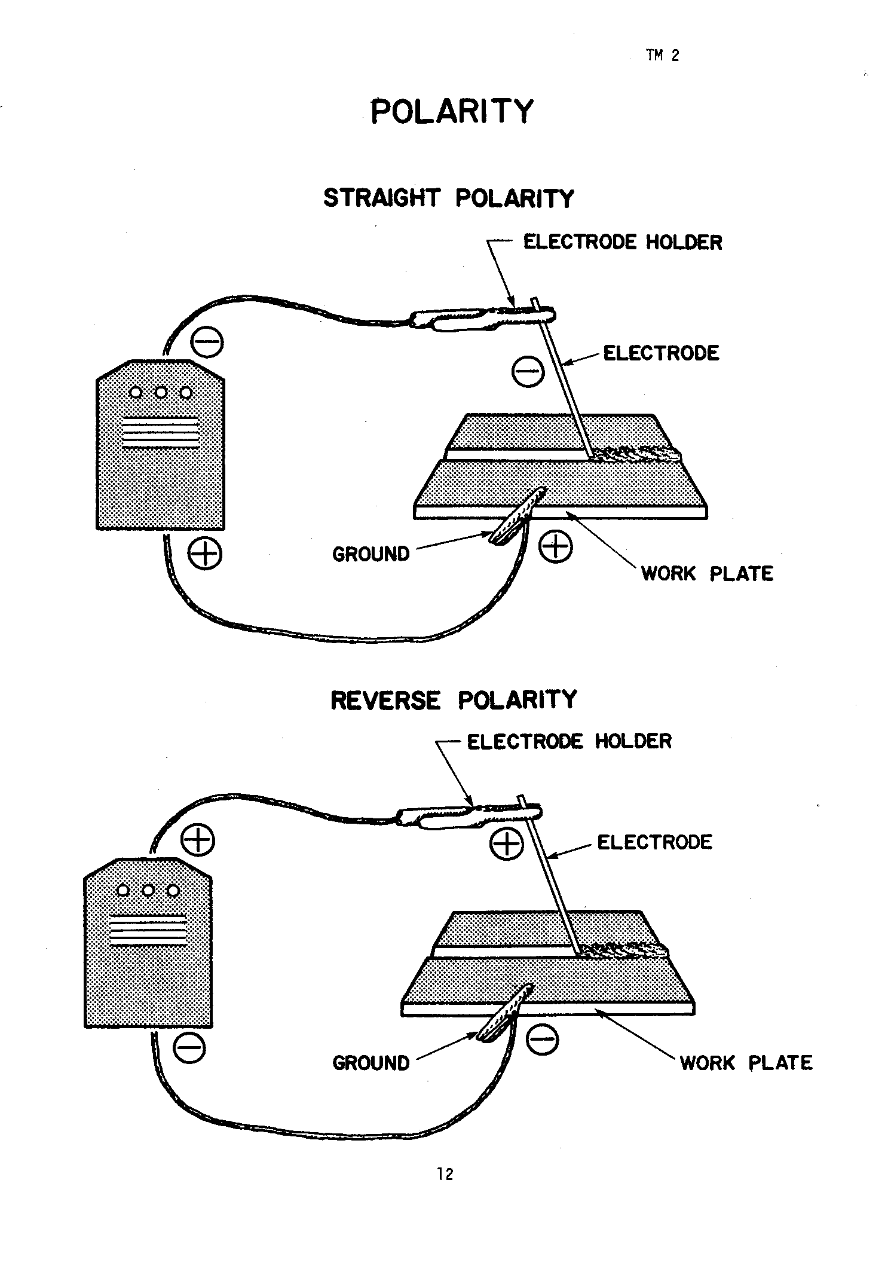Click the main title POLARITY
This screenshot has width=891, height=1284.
451,111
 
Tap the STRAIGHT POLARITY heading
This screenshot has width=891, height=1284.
449,198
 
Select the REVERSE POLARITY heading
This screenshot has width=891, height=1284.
454,700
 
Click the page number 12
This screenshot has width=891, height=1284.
445,1174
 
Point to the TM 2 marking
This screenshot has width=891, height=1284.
662,56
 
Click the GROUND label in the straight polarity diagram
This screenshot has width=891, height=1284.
371,554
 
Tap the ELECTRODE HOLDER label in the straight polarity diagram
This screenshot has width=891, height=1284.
623,242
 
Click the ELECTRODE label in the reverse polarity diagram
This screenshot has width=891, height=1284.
654,842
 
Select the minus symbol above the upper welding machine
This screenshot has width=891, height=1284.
207,343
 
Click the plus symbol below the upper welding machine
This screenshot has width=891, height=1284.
205,554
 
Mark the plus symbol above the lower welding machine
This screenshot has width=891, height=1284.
198,840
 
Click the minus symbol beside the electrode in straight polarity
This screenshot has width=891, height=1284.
528,371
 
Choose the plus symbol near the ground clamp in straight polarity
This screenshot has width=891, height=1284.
555,546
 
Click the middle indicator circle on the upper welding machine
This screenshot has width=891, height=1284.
161,393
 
